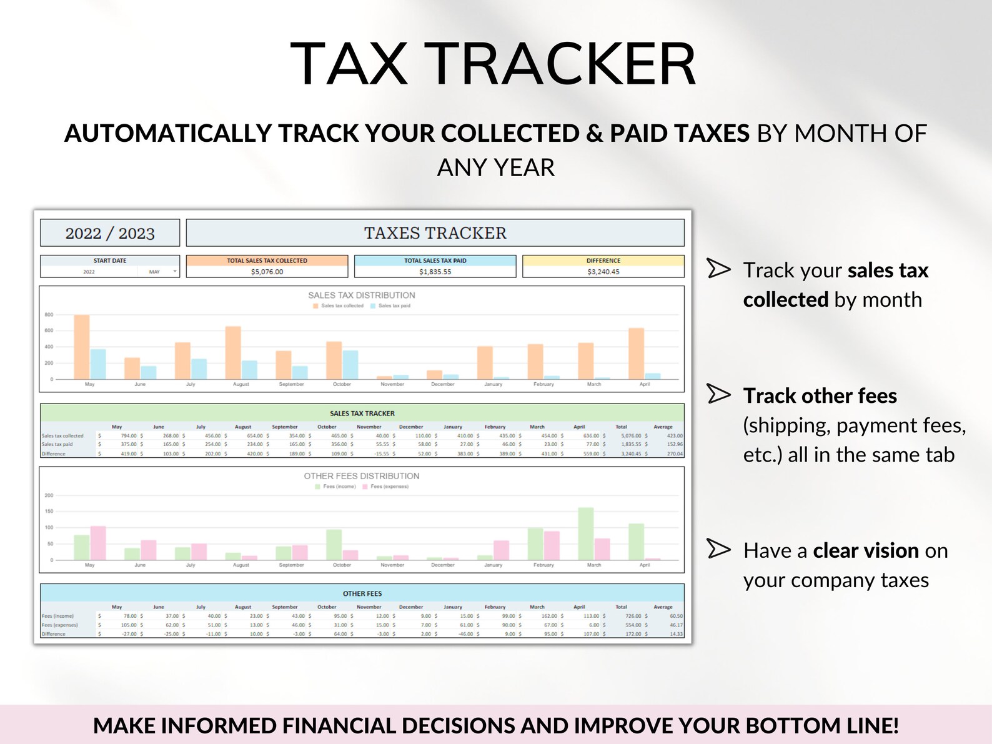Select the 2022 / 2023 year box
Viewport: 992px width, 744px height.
pyautogui.click(x=110, y=233)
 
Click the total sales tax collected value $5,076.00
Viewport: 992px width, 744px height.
pyautogui.click(x=267, y=272)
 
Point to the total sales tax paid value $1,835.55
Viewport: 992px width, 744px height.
pyautogui.click(x=435, y=272)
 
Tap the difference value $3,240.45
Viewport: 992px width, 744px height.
pyautogui.click(x=603, y=272)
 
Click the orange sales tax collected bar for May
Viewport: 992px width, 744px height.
pyautogui.click(x=82, y=347)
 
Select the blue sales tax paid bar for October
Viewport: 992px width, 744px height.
pyautogui.click(x=350, y=365)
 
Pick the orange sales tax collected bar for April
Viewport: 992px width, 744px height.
pyautogui.click(x=636, y=354)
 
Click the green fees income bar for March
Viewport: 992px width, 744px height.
pyautogui.click(x=585, y=533)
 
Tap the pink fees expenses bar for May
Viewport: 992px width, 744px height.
pyautogui.click(x=98, y=543)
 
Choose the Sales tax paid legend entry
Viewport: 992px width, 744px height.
pyautogui.click(x=394, y=305)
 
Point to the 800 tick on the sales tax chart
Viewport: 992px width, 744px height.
pyautogui.click(x=49, y=315)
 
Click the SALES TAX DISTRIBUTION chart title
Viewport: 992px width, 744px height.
pyautogui.click(x=361, y=295)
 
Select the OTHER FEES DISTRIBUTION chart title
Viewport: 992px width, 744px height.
pyautogui.click(x=361, y=476)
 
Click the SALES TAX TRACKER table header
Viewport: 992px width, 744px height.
pyautogui.click(x=362, y=413)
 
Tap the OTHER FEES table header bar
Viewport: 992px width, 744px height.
pyautogui.click(x=362, y=593)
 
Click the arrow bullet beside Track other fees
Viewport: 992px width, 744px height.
pyautogui.click(x=718, y=394)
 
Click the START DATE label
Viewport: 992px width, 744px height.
pyautogui.click(x=110, y=260)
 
